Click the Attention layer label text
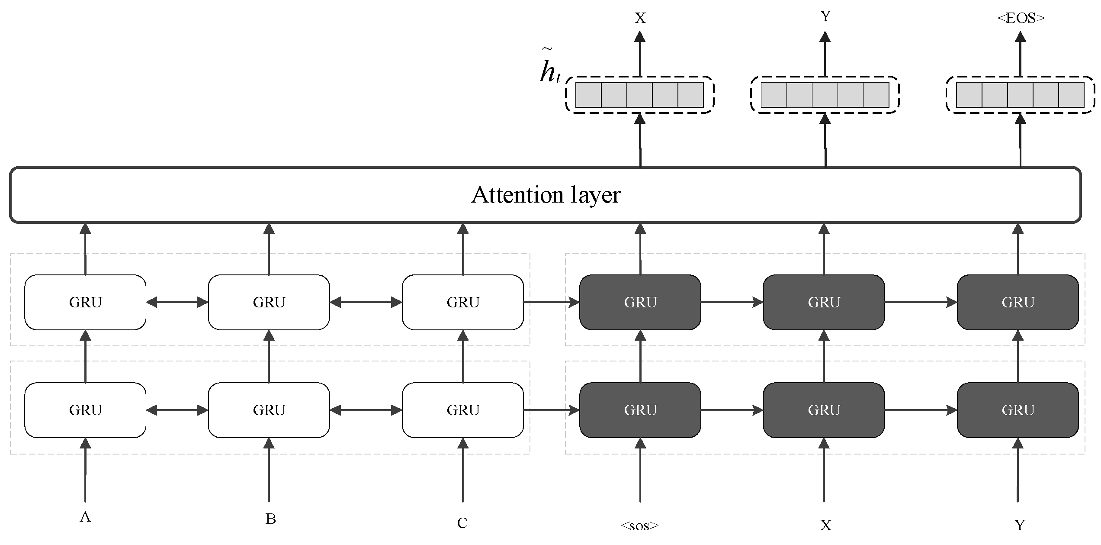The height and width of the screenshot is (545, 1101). click(x=546, y=195)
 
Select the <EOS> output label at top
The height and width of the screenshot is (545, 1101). click(x=1021, y=18)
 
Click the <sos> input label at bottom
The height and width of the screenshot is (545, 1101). click(x=639, y=526)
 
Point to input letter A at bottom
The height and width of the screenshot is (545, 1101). click(x=85, y=517)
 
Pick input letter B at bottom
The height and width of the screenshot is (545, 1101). click(x=270, y=519)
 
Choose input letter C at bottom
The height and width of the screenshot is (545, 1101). click(x=462, y=523)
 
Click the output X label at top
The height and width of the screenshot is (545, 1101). click(x=640, y=18)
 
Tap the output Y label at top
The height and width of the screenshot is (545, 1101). click(x=825, y=16)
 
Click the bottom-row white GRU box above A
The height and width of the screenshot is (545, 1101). click(x=85, y=410)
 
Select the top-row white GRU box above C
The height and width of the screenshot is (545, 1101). click(x=463, y=302)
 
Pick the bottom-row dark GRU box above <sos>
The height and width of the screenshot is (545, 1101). click(x=640, y=410)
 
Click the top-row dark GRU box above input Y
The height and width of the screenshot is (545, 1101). click(x=1018, y=302)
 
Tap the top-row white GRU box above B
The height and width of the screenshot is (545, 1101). click(x=269, y=302)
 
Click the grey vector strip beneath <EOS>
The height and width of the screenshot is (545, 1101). click(x=1020, y=95)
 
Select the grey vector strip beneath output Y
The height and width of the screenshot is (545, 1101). click(x=825, y=95)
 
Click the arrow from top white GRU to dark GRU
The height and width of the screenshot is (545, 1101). click(x=551, y=302)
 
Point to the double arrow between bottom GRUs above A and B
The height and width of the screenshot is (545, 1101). click(x=177, y=410)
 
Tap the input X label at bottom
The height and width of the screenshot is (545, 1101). click(x=825, y=526)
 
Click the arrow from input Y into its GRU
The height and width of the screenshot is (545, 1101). click(x=1018, y=472)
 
